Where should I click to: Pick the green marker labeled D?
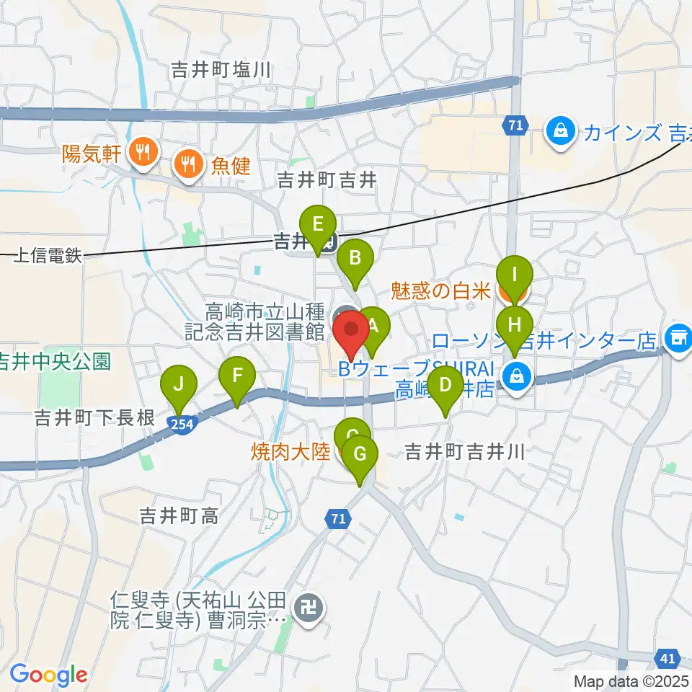[x=445, y=384]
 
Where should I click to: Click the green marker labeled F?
[x=237, y=376]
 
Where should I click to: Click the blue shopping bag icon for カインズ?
[x=559, y=131]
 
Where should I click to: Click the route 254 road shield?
[x=183, y=424]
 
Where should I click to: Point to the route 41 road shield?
[x=669, y=657]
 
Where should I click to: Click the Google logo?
[x=49, y=675]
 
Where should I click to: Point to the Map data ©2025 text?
[x=631, y=680]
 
